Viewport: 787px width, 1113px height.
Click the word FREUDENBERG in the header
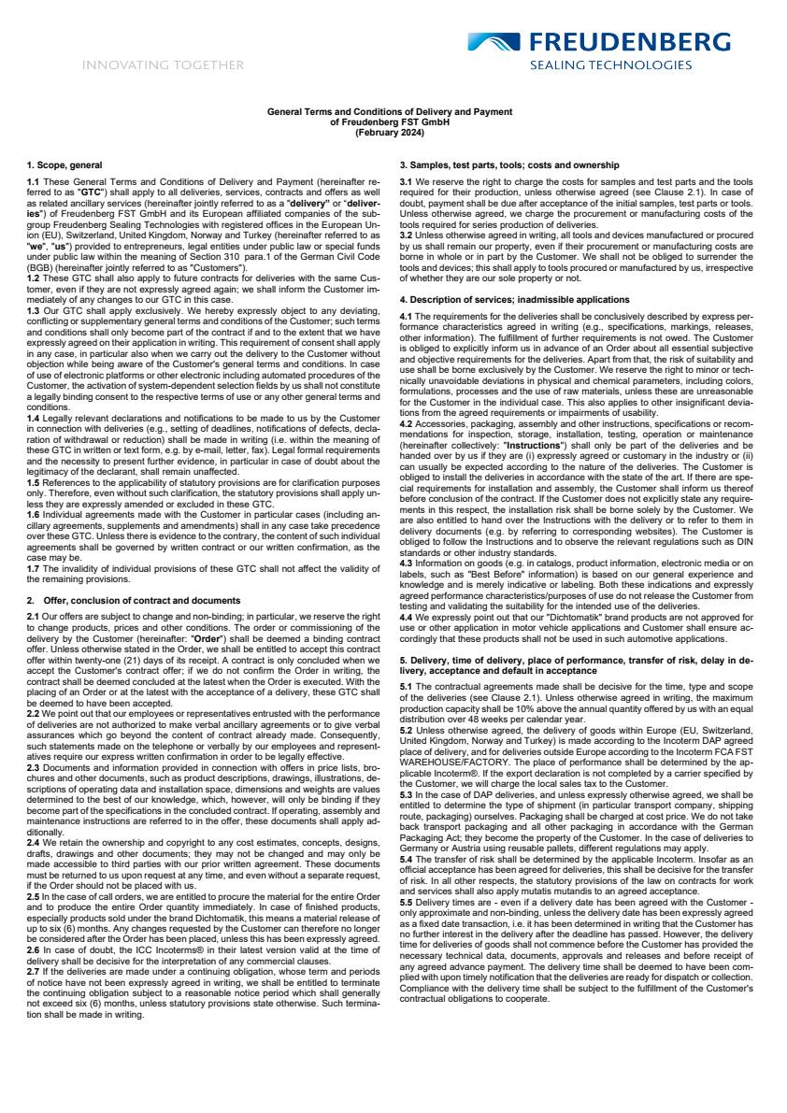pyautogui.click(x=630, y=42)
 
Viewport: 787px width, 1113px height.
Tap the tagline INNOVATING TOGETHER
pyautogui.click(x=163, y=65)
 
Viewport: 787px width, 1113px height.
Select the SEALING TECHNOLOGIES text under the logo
pyautogui.click(x=611, y=66)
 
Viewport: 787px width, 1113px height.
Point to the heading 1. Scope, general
pyautogui.click(x=64, y=164)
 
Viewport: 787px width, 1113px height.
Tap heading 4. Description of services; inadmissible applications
pyautogui.click(x=515, y=299)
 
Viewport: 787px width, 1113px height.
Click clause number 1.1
pyautogui.click(x=33, y=179)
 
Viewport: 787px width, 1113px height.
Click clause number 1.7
pyautogui.click(x=33, y=544)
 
